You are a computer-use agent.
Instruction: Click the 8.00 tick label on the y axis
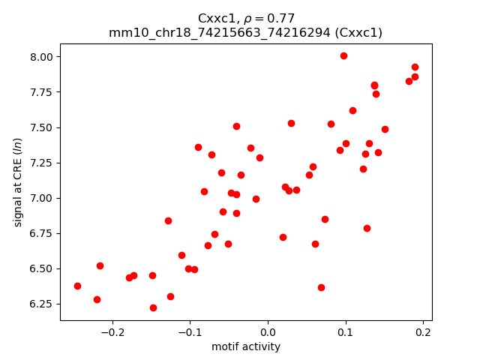pyautogui.click(x=43, y=57)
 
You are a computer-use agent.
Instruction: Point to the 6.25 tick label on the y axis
pyautogui.click(x=43, y=304)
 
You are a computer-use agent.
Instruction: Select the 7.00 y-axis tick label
pyautogui.click(x=43, y=198)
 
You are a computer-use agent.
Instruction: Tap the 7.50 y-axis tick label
pyautogui.click(x=43, y=127)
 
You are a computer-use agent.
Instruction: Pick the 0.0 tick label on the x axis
pyautogui.click(x=268, y=331)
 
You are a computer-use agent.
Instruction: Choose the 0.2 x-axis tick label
pyautogui.click(x=423, y=331)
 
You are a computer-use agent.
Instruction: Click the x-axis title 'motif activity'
pyautogui.click(x=246, y=346)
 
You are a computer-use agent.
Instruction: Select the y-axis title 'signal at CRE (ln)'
pyautogui.click(x=18, y=181)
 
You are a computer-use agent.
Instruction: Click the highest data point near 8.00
pyautogui.click(x=343, y=55)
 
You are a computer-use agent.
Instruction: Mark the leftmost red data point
pyautogui.click(x=77, y=286)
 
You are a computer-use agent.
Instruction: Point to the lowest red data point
pyautogui.click(x=153, y=307)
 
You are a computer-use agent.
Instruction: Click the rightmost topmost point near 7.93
pyautogui.click(x=415, y=67)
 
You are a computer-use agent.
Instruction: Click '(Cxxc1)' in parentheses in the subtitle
pyautogui.click(x=358, y=33)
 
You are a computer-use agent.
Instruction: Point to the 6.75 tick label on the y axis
pyautogui.click(x=43, y=233)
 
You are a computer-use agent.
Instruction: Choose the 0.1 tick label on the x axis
pyautogui.click(x=345, y=331)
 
